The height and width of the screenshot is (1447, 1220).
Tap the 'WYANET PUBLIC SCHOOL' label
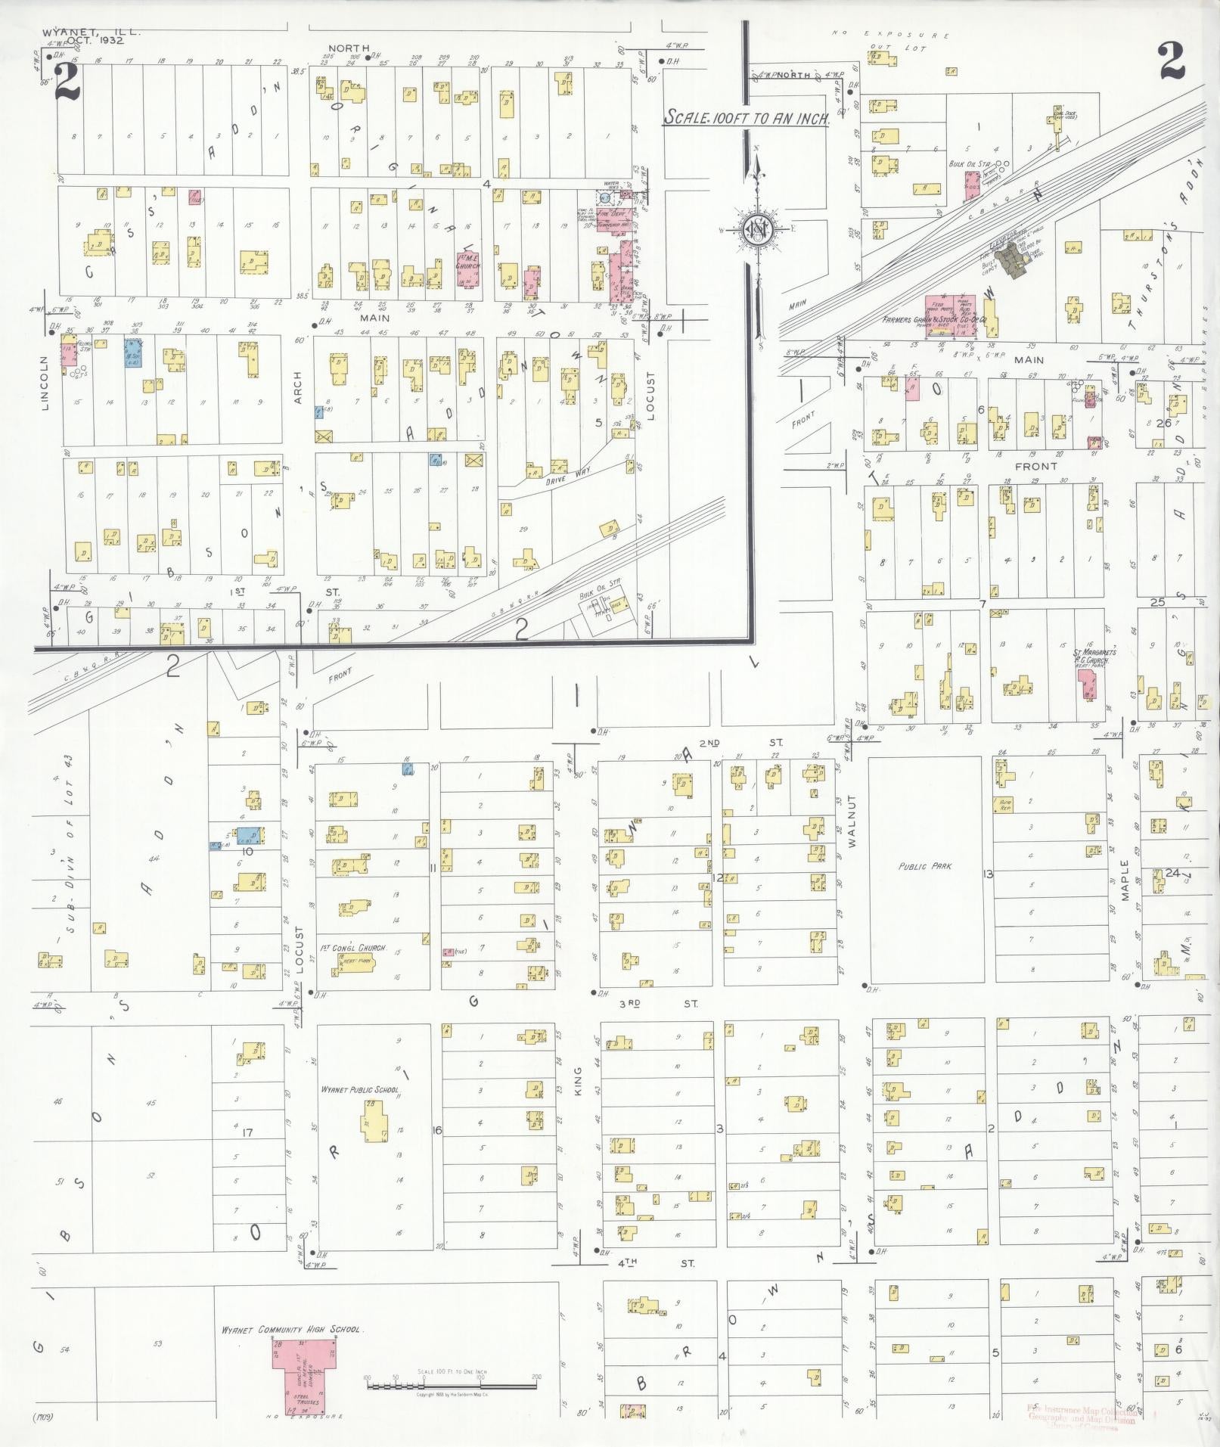(x=360, y=1090)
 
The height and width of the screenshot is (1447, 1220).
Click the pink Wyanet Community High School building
(x=306, y=1375)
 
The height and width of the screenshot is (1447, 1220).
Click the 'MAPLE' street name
(x=1125, y=879)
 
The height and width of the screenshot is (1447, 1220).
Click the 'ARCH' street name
(x=297, y=387)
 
